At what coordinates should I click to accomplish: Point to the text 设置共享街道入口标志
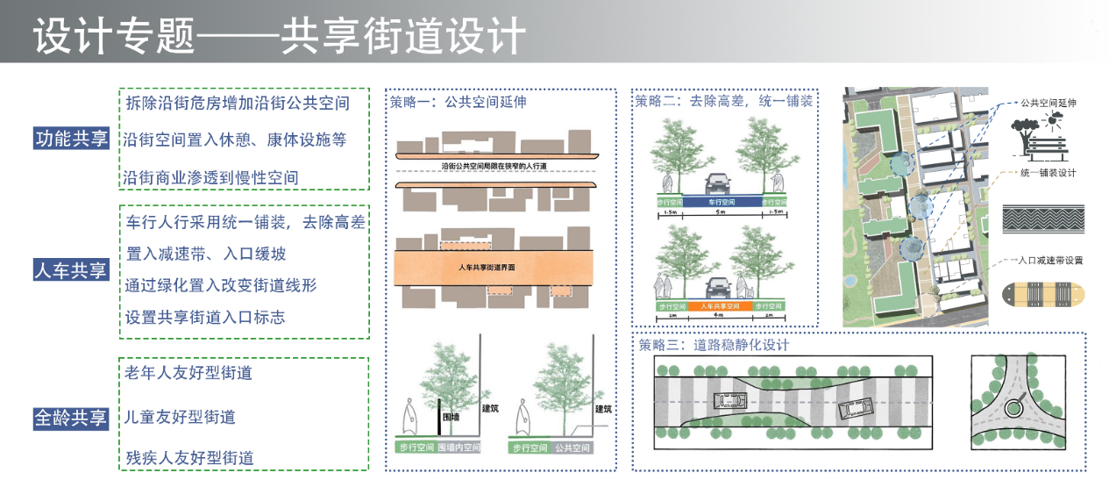pyautogui.click(x=205, y=317)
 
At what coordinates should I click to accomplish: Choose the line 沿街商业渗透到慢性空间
pyautogui.click(x=211, y=177)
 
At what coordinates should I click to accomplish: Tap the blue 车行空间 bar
pyautogui.click(x=719, y=201)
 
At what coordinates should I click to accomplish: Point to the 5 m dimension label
pyautogui.click(x=719, y=212)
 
